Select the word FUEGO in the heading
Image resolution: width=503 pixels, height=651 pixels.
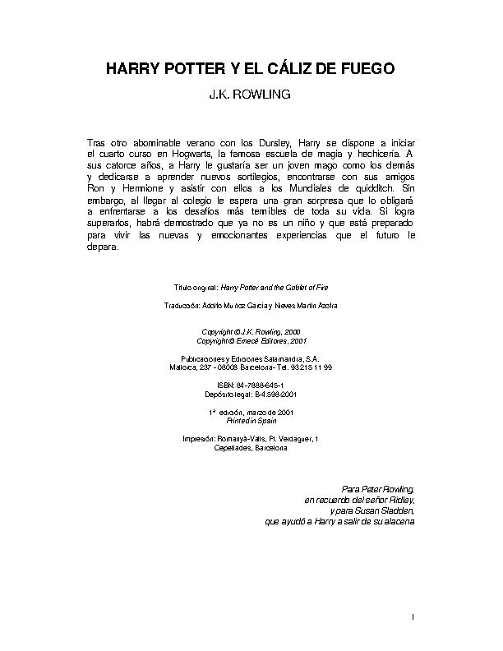[x=366, y=69]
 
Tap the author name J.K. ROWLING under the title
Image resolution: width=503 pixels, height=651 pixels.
[x=252, y=95]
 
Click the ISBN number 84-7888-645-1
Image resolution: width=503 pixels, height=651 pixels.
[x=261, y=385]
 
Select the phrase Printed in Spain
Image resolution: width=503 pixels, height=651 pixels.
[x=251, y=418]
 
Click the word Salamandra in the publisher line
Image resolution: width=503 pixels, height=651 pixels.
[x=279, y=358]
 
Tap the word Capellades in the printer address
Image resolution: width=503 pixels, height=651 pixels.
[x=232, y=448]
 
